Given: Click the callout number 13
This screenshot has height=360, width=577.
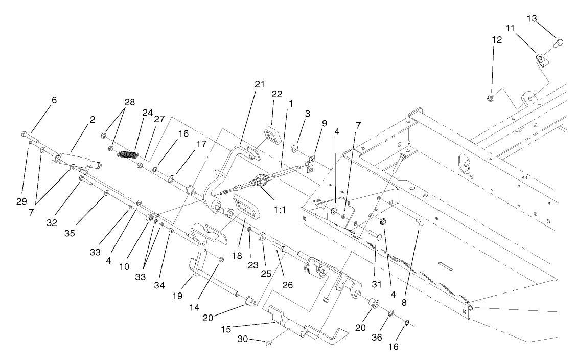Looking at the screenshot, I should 533,19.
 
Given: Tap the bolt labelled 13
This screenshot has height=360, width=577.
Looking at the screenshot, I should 559,43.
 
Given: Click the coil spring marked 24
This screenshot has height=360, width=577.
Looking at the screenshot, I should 128,153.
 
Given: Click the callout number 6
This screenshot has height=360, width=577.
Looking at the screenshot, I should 54,100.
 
